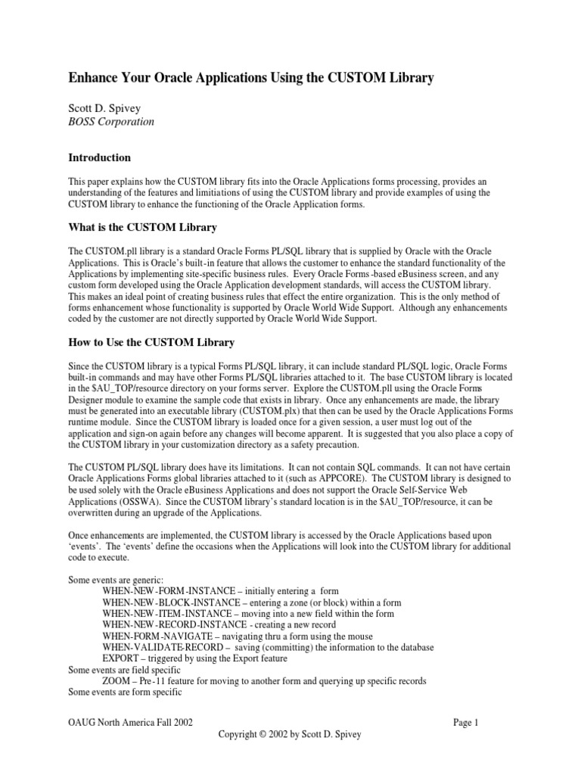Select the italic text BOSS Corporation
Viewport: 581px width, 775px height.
(111, 121)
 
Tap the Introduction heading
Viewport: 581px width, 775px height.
(100, 157)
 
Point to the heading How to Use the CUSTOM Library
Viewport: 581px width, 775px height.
(151, 342)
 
